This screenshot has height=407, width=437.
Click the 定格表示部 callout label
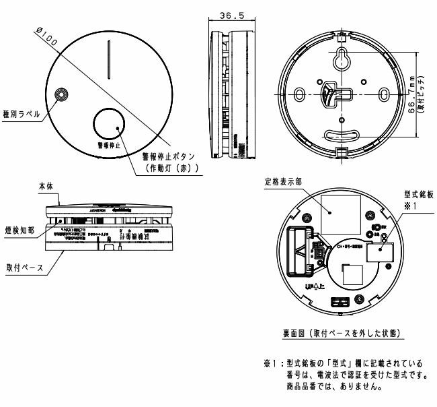pos(291,181)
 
